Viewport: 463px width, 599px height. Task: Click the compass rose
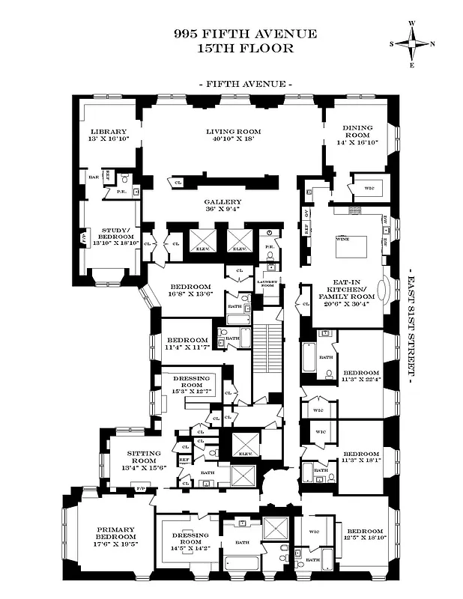click(x=411, y=43)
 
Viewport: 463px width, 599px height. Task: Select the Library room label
click(x=109, y=134)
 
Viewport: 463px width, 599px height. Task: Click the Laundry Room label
click(x=268, y=283)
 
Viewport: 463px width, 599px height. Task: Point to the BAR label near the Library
click(x=94, y=177)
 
